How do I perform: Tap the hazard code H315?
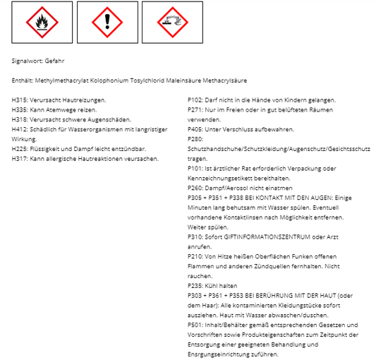click(20, 100)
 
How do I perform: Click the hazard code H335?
click(20, 110)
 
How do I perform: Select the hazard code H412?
click(20, 130)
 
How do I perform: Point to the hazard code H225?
click(20, 150)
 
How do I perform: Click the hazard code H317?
click(20, 160)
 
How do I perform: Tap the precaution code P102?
click(195, 100)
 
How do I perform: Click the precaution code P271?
click(195, 110)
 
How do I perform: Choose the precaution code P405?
click(195, 130)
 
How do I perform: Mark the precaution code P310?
click(195, 238)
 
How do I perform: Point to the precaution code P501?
click(195, 325)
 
